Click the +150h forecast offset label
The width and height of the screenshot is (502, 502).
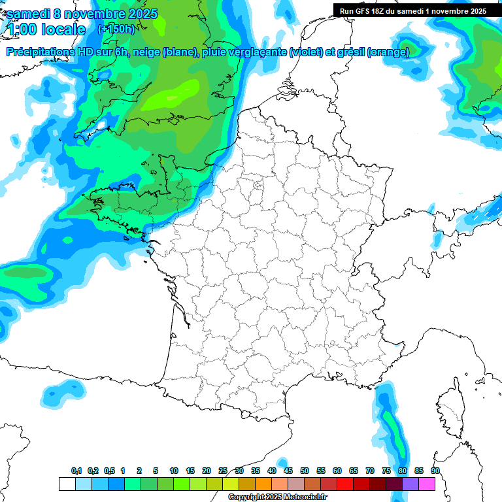coord(116,29)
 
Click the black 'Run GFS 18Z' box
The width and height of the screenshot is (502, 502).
coord(418,10)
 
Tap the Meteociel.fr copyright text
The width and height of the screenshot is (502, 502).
coord(277,497)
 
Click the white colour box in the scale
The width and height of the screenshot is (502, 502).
coord(67,484)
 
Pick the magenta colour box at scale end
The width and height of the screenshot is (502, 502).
coord(427,484)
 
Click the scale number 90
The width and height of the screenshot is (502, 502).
coord(435,471)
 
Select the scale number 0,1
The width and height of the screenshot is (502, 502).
coord(76,471)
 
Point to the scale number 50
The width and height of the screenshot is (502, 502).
coord(305,471)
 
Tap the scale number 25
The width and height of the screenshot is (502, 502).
coord(223,471)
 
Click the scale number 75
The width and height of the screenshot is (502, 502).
coord(386,471)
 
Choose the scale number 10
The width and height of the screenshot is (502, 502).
coord(174,471)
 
